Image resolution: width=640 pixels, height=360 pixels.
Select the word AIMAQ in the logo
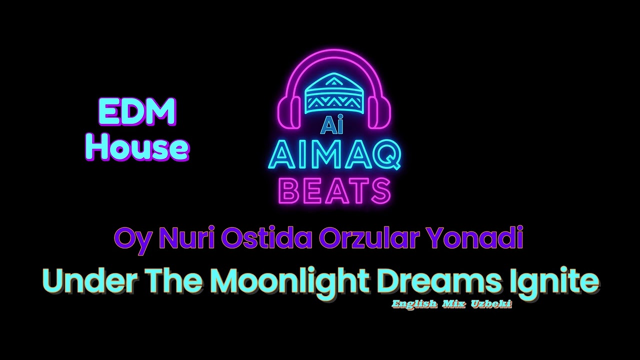[x=334, y=155]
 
